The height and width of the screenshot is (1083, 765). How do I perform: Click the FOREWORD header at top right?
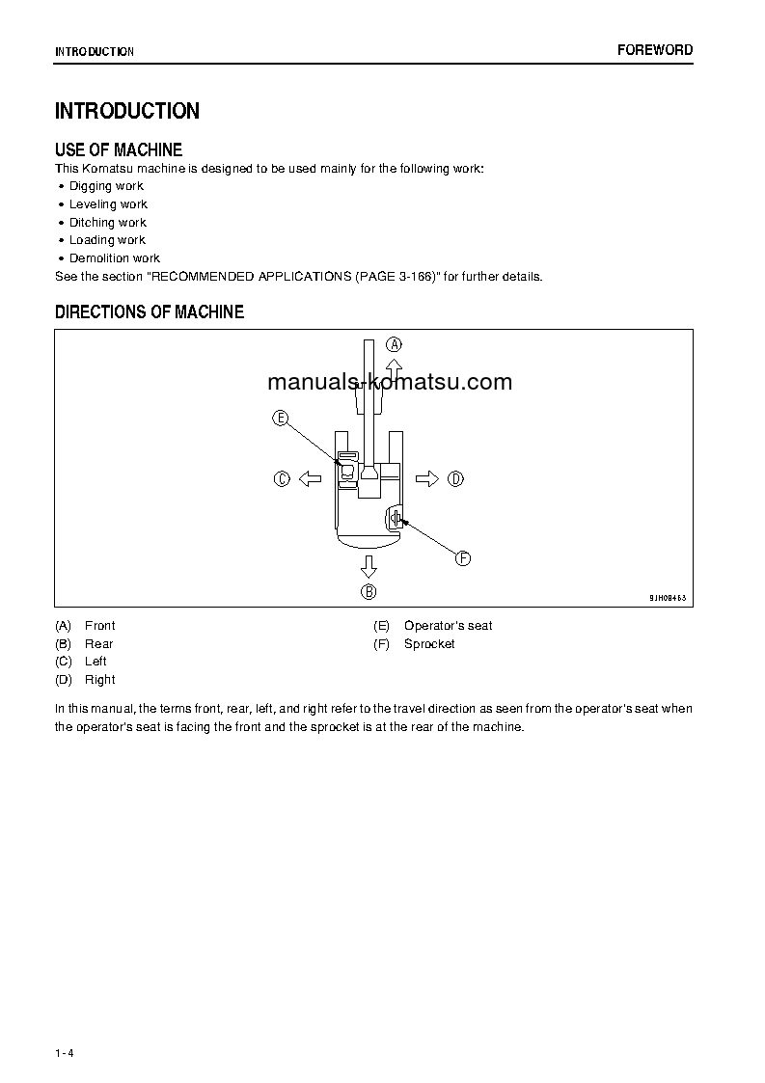coord(654,50)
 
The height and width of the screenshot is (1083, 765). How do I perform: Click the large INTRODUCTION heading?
coord(126,111)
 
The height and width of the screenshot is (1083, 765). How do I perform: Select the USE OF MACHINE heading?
coord(119,149)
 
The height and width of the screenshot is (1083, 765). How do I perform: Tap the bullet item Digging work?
coord(106,186)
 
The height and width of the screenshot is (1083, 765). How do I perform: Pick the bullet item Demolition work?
coord(114,258)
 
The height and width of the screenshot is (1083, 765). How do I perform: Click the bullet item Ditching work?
coord(107,223)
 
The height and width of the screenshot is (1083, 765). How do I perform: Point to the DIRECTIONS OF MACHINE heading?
coord(150,311)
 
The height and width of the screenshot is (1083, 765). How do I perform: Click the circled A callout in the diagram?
coord(394,344)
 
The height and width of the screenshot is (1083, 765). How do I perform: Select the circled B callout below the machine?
coord(369,591)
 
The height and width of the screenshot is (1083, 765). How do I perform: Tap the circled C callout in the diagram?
coord(282,478)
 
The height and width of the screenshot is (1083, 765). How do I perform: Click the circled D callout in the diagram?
coord(456,478)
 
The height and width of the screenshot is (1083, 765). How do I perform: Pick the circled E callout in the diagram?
coord(280,418)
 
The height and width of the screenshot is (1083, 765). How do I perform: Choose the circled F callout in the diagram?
coord(462,557)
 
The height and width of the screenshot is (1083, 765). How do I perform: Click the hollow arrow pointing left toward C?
coord(309,478)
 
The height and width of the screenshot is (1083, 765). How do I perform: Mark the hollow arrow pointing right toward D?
coord(427,478)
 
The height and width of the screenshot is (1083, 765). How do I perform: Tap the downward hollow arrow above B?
coord(369,564)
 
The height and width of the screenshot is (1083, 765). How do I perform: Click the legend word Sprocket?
coord(429,644)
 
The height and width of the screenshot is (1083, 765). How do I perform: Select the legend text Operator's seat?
coord(448,626)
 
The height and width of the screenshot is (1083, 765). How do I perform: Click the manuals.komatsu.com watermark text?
coord(390,382)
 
